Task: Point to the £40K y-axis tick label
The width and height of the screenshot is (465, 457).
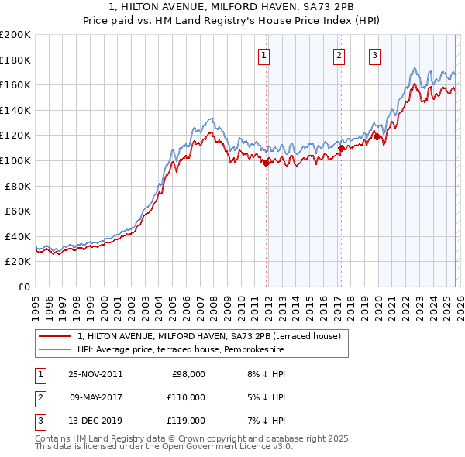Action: point(17,236)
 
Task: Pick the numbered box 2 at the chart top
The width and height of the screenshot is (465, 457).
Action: point(339,55)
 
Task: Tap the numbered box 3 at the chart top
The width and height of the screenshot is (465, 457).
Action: point(375,55)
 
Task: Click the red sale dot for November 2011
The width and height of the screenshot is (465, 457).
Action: point(266,163)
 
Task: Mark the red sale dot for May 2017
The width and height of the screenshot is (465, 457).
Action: point(341,147)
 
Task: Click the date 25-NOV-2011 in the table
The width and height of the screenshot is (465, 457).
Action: point(95,374)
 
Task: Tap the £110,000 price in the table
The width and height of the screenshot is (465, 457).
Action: point(186,397)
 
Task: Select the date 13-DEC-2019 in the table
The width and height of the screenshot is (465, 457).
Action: point(95,421)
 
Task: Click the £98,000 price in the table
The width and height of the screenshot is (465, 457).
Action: point(188,374)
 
